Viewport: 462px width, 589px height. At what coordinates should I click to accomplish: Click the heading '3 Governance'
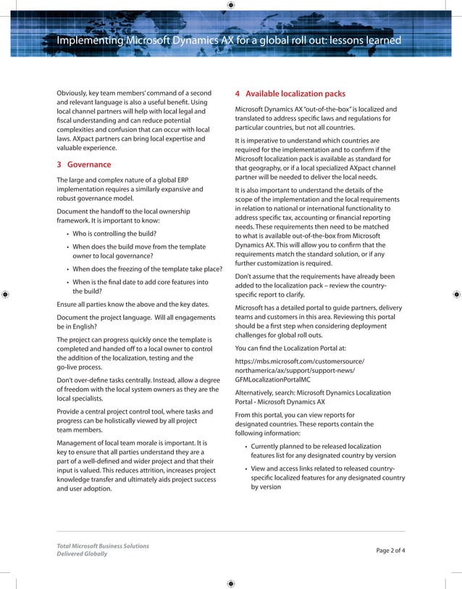click(84, 165)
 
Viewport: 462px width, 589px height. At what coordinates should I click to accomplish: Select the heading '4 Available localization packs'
click(280, 94)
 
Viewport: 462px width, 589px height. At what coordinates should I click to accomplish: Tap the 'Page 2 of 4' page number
click(390, 550)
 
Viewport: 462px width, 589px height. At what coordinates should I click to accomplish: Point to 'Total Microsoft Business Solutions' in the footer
click(103, 545)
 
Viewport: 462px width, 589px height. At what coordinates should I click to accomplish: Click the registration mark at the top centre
click(230, 5)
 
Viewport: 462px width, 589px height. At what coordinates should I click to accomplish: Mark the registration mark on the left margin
click(6, 294)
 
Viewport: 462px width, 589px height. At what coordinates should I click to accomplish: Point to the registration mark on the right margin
click(455, 294)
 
